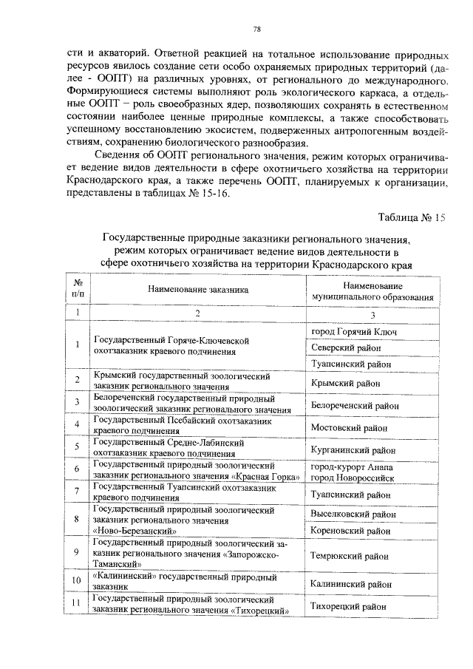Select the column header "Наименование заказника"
pyautogui.click(x=197, y=292)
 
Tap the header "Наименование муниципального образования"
pyautogui.click(x=372, y=291)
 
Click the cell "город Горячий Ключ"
pyautogui.click(x=353, y=332)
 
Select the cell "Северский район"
pyautogui.click(x=345, y=347)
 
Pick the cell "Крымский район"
pyautogui.click(x=345, y=383)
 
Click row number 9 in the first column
pyautogui.click(x=76, y=553)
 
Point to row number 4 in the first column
pyautogui.click(x=76, y=426)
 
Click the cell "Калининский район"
pyautogui.click(x=350, y=583)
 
